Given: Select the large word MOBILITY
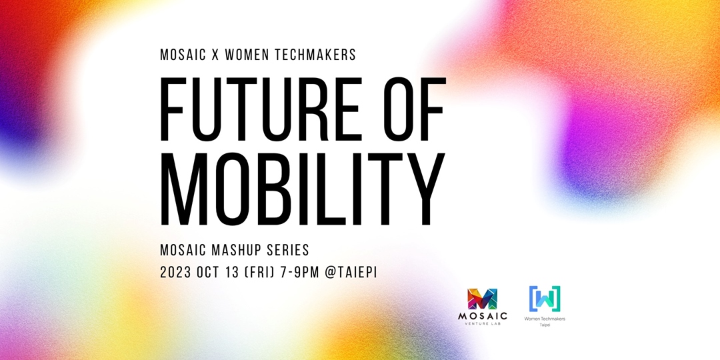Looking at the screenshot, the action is tap(302, 189).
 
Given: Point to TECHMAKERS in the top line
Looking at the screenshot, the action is tap(315, 55).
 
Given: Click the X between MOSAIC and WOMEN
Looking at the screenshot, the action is tap(214, 55).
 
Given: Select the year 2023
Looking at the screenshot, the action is tap(175, 272).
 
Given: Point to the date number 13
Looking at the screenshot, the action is tap(233, 272).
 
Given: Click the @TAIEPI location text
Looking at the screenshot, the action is tap(351, 272).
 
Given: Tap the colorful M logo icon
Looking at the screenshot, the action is tap(482, 299).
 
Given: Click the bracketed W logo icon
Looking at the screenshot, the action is tap(545, 299).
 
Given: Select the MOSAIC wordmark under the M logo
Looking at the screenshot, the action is tap(483, 316).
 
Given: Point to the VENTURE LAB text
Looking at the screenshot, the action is tap(483, 323).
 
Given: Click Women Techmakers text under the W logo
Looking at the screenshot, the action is tap(545, 319).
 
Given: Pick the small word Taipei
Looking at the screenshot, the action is tap(545, 325).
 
